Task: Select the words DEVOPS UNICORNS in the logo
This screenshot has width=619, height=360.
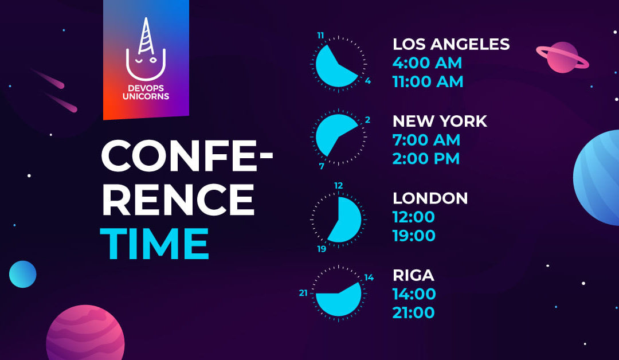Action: coord(146,92)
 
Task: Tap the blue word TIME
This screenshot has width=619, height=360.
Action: coord(154,244)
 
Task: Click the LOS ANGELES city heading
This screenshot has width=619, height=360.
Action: coord(451,44)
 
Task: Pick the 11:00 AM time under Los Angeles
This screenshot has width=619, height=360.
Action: coord(428,82)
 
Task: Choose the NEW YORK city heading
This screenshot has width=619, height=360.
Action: coord(440,121)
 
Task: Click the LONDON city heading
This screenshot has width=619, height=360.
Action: coord(430,198)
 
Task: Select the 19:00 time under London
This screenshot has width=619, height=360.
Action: coord(414,236)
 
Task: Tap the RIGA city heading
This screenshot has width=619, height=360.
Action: coord(413,275)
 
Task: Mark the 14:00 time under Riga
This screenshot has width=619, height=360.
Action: coord(414,294)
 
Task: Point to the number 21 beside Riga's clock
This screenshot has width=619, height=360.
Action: coord(303,293)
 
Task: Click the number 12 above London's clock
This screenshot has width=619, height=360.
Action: coord(338,186)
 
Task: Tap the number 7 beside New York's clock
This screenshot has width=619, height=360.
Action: coord(322,166)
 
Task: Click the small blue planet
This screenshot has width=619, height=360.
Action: coord(23,274)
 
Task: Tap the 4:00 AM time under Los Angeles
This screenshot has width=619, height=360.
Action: coord(427,62)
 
